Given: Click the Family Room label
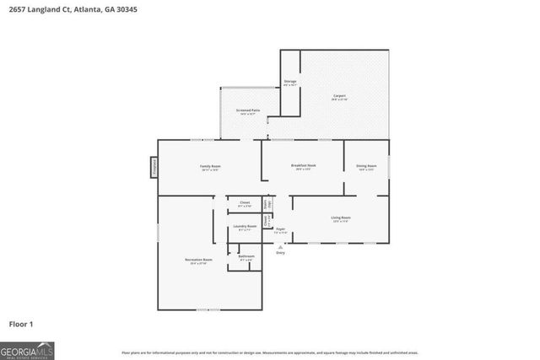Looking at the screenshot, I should (210, 168).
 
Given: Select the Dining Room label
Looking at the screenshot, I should (366, 167).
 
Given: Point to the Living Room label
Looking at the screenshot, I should (340, 219).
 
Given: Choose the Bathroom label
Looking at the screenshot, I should (246, 257).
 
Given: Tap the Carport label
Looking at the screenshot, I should (341, 97).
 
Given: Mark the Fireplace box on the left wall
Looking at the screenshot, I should (154, 167).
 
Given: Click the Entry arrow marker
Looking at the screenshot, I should (281, 246).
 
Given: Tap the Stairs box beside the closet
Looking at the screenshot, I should (267, 203).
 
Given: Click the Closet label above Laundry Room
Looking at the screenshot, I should (245, 203).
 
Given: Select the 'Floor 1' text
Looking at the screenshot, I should (21, 323).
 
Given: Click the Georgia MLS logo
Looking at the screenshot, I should (27, 349).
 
